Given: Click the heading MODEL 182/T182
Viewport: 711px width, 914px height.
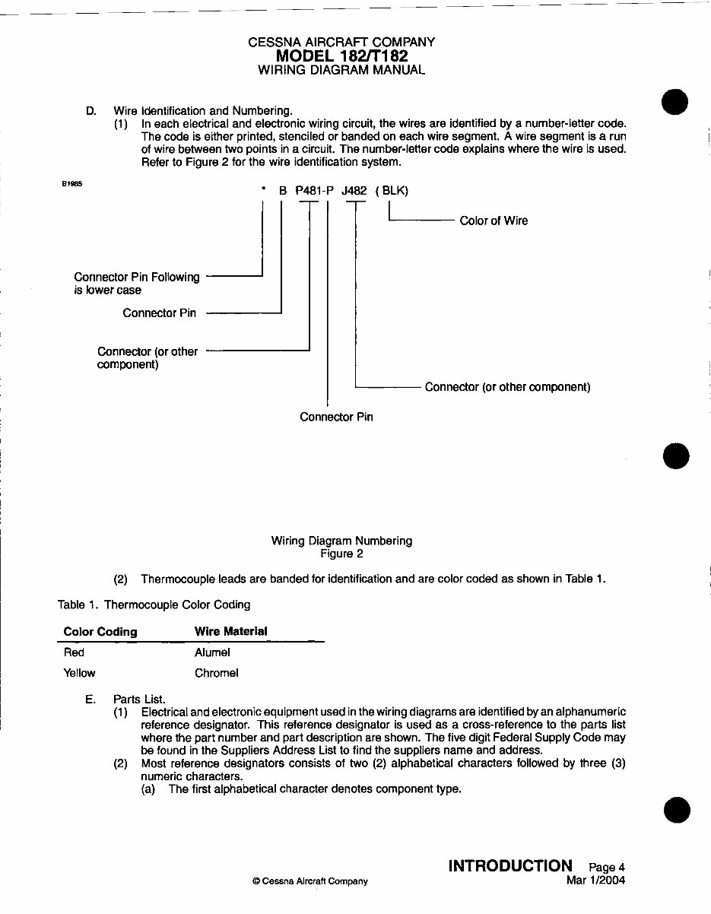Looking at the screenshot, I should [341, 56].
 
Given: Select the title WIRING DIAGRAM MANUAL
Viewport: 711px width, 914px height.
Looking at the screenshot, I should [341, 70].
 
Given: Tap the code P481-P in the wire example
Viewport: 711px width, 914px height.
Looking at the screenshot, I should [315, 192].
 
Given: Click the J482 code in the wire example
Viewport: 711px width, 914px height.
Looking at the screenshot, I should [354, 192].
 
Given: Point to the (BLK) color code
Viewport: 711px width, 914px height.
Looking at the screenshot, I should [392, 192].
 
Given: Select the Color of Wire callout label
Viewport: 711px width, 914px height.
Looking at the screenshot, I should [494, 221].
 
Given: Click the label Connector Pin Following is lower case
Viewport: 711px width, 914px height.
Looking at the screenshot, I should [136, 284].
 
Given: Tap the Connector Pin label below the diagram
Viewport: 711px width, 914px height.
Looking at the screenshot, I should [336, 417].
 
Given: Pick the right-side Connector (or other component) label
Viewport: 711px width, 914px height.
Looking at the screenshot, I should [507, 387].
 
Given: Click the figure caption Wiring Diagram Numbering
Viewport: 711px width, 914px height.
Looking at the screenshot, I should [341, 541].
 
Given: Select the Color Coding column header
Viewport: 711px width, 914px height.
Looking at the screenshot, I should [100, 631].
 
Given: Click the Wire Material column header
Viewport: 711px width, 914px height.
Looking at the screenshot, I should [230, 631].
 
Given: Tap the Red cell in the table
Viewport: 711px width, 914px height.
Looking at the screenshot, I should [74, 652].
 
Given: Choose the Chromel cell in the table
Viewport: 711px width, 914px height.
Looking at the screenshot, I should [216, 673].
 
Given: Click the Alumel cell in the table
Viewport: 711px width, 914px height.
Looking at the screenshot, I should [212, 652].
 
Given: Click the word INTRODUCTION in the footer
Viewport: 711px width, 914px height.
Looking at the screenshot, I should [510, 865].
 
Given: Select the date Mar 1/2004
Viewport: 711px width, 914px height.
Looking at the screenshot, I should [595, 881].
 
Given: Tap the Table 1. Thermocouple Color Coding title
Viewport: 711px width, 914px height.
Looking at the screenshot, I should [154, 605].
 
